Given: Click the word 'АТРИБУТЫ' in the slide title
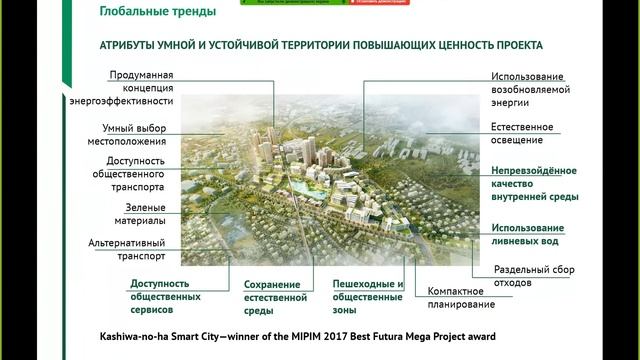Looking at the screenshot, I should click(131, 46).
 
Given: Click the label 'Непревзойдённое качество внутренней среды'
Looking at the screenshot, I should click(534, 184).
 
